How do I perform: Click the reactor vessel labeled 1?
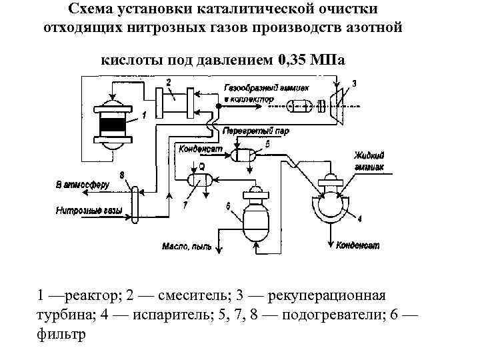(111, 125)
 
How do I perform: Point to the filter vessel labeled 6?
(255, 217)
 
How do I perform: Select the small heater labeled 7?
(197, 179)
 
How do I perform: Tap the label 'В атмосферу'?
(82, 184)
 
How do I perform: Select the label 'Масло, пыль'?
(187, 247)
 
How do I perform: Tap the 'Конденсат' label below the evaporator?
(357, 246)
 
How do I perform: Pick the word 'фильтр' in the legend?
(62, 333)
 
